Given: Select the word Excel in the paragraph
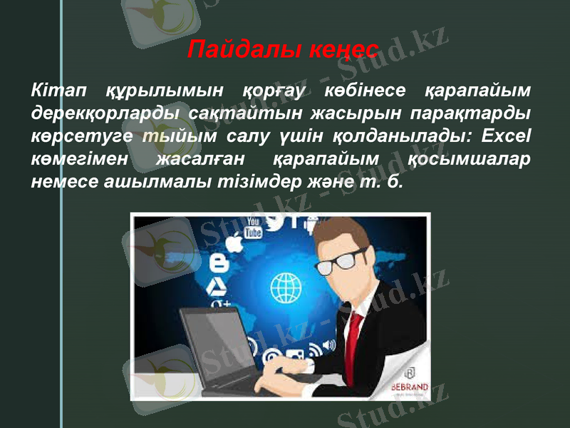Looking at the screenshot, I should coord(508,136).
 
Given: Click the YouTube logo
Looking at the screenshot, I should coord(253,228).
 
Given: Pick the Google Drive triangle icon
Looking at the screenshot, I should coord(217,286).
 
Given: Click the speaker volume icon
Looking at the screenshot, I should coord(328,346).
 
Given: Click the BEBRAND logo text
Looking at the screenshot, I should coord(410,387).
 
